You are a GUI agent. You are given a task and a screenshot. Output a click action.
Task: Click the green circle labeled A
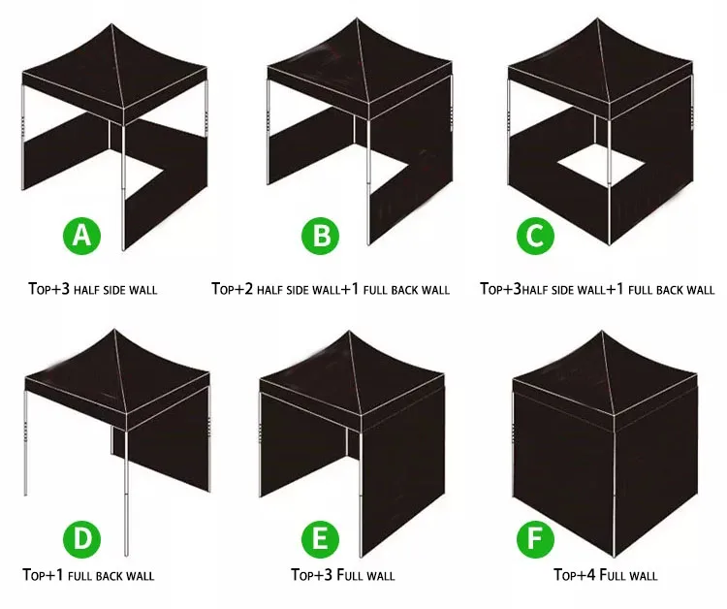[x=81, y=236]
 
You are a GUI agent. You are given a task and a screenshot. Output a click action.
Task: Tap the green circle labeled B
[x=321, y=236]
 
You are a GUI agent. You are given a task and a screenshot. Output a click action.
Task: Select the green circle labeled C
[x=535, y=236]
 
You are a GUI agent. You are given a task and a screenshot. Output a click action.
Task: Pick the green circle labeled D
[x=81, y=539]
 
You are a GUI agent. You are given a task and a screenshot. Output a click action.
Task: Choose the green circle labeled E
[x=321, y=539]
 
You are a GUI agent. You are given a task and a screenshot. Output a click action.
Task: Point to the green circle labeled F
[x=535, y=539]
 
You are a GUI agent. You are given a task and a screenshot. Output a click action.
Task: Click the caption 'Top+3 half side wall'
[x=93, y=289]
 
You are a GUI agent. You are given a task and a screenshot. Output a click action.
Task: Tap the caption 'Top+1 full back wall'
[x=88, y=576]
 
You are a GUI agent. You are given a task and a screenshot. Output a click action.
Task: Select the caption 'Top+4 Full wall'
[x=606, y=575]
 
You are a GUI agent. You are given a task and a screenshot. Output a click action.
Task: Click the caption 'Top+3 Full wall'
[x=343, y=575]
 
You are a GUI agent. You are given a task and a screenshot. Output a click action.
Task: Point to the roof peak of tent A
[x=111, y=24]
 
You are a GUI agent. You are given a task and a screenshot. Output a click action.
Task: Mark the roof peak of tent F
[x=602, y=332]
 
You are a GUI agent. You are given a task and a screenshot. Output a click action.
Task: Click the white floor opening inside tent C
[x=601, y=166]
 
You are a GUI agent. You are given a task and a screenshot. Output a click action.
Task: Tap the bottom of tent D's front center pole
[x=126, y=555]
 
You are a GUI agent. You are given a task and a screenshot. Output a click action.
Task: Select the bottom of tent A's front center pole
[x=123, y=249]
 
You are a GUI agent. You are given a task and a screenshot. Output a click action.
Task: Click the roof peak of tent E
[x=349, y=332]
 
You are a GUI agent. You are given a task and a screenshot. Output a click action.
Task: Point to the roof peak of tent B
[x=357, y=18]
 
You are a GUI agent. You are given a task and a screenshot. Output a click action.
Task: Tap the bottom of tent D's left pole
[x=26, y=495]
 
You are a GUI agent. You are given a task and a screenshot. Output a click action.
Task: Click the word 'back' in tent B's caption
[x=407, y=290]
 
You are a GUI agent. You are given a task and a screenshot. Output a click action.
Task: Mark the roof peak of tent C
[x=597, y=18]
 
